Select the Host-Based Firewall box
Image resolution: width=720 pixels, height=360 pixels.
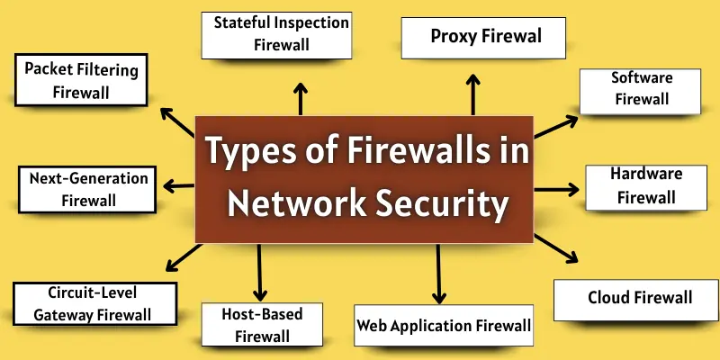click(x=262, y=325)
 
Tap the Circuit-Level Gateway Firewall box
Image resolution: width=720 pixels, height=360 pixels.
click(x=94, y=303)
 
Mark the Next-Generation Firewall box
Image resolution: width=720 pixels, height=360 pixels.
click(x=88, y=188)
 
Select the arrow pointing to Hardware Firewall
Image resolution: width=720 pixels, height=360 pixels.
click(x=557, y=190)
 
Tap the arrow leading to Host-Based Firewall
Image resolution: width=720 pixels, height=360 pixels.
click(x=261, y=272)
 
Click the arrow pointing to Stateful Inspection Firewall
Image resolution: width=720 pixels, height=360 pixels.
click(x=301, y=97)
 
